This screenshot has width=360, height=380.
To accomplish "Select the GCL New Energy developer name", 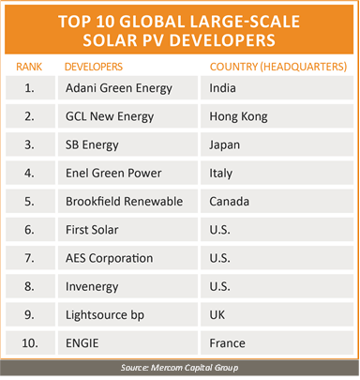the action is click(x=110, y=117).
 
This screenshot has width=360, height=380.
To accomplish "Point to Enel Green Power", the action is click(x=113, y=173).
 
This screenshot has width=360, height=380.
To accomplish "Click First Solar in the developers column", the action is click(x=92, y=230).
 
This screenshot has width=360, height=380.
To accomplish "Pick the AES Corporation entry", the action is click(x=110, y=258).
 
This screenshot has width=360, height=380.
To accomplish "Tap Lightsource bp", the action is click(x=105, y=315).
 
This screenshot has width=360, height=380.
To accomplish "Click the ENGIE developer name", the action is click(x=82, y=343).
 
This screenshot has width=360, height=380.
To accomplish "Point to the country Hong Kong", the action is click(x=238, y=117).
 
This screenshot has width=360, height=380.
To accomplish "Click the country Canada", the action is click(x=230, y=202).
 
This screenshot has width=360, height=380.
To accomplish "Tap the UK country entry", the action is click(x=217, y=315).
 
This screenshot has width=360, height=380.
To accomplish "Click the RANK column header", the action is click(x=29, y=67).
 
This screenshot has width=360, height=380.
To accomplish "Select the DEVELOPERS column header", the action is click(x=94, y=67).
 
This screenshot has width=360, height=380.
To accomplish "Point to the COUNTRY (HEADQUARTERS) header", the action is click(x=278, y=67).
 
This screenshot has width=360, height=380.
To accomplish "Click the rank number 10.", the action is click(x=30, y=343).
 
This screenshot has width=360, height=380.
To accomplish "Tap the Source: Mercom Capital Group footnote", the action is click(x=180, y=368).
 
